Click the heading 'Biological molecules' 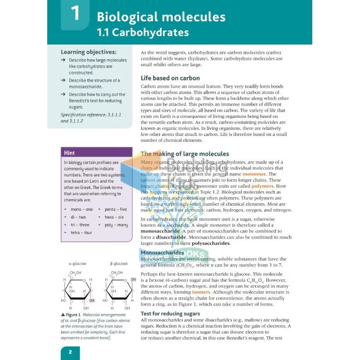(161, 17)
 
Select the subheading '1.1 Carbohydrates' (143, 33)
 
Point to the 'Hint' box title (69, 153)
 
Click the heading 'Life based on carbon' (170, 78)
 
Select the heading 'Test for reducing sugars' (170, 313)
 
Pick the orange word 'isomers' (201, 292)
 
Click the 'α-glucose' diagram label (77, 264)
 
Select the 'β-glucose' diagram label (119, 264)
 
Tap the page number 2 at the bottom (71, 351)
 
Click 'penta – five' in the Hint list (116, 209)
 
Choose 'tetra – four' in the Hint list (81, 233)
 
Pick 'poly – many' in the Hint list (116, 225)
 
